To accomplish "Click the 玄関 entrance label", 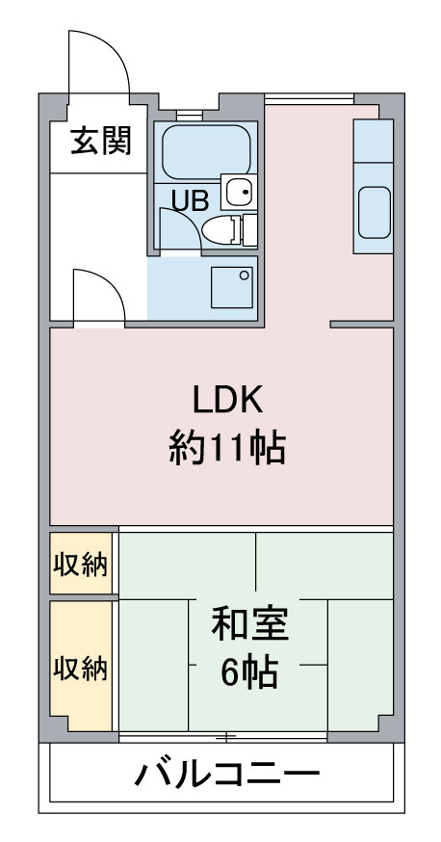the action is click(x=101, y=142).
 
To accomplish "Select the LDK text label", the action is click(x=227, y=400).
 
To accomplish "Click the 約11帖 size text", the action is click(x=227, y=449).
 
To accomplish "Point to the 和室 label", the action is click(x=250, y=624).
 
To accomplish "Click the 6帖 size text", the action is click(x=250, y=671).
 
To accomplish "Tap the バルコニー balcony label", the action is click(x=227, y=774).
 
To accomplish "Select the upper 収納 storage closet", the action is click(x=81, y=563).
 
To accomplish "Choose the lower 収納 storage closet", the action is click(x=81, y=666).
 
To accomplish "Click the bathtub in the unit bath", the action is click(x=206, y=152).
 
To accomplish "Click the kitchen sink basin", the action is click(x=374, y=213).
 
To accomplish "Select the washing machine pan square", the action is click(x=232, y=287).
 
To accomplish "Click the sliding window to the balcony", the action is click(x=222, y=736).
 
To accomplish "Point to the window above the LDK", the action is click(x=309, y=99).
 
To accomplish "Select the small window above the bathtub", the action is click(x=190, y=115).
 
